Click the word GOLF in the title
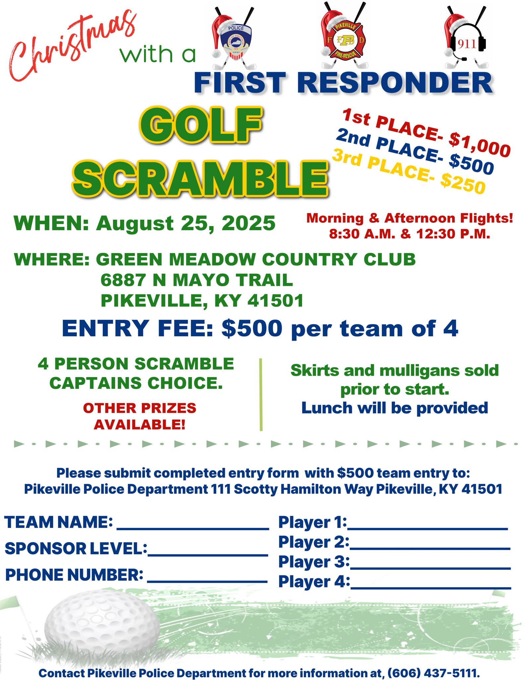point(201,125)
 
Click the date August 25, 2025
point(186,223)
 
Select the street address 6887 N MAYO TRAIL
point(197,280)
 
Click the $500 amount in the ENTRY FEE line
point(252,329)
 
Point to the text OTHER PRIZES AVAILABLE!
point(140,416)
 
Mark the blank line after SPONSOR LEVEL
point(208,554)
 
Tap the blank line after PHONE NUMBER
point(207,581)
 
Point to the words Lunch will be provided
point(395,408)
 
